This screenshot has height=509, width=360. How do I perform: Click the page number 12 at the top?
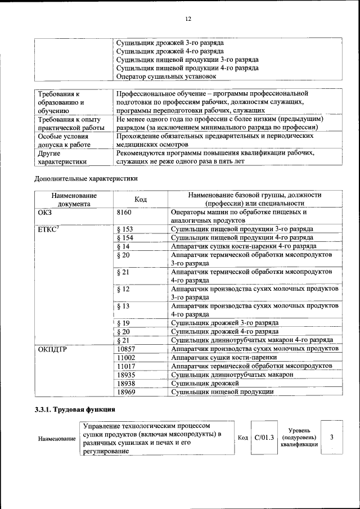pyautogui.click(x=188, y=19)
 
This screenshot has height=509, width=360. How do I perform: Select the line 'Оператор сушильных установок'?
pyautogui.click(x=166, y=76)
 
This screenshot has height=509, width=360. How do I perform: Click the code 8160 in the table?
pyautogui.click(x=124, y=213)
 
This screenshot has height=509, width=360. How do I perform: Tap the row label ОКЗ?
pyautogui.click(x=44, y=213)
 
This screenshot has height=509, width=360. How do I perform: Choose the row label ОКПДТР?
pyautogui.click(x=53, y=349)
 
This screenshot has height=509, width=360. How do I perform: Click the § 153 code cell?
pyautogui.click(x=125, y=229)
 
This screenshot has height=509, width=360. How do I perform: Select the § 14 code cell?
pyautogui.click(x=123, y=246)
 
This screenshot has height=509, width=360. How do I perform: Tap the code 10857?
pyautogui.click(x=127, y=349)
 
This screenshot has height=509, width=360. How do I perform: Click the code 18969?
pyautogui.click(x=127, y=391)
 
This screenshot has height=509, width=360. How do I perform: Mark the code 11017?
pyautogui.click(x=127, y=366)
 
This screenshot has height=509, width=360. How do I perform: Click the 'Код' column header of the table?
pyautogui.click(x=141, y=199)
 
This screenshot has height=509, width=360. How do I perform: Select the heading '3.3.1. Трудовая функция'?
pyautogui.click(x=75, y=409)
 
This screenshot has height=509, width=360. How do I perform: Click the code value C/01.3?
pyautogui.click(x=264, y=438)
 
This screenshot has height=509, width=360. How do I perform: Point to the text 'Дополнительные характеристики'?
pyautogui.click(x=86, y=179)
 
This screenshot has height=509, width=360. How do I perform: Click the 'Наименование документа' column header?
pyautogui.click(x=74, y=199)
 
